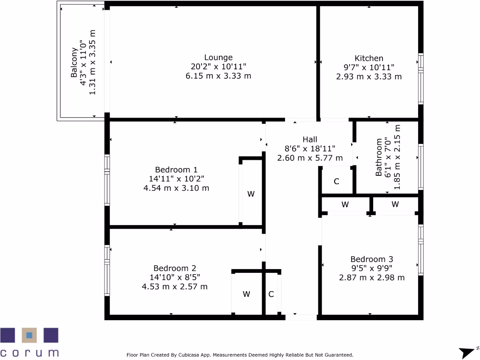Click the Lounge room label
[218, 58]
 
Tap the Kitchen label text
[368, 58]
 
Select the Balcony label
[74, 63]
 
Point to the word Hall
[309, 139]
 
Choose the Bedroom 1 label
[176, 169]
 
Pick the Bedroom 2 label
[174, 268]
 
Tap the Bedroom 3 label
[371, 259]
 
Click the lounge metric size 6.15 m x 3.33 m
[218, 75]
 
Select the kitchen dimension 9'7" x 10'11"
[368, 67]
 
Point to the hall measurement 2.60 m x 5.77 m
[309, 158]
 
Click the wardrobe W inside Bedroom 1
[251, 194]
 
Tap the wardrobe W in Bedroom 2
[246, 294]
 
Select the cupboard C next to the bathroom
[336, 181]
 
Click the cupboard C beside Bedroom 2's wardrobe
[271, 294]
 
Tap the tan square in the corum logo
[29, 335]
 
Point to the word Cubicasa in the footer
[193, 355]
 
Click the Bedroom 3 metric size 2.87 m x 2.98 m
[371, 277]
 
